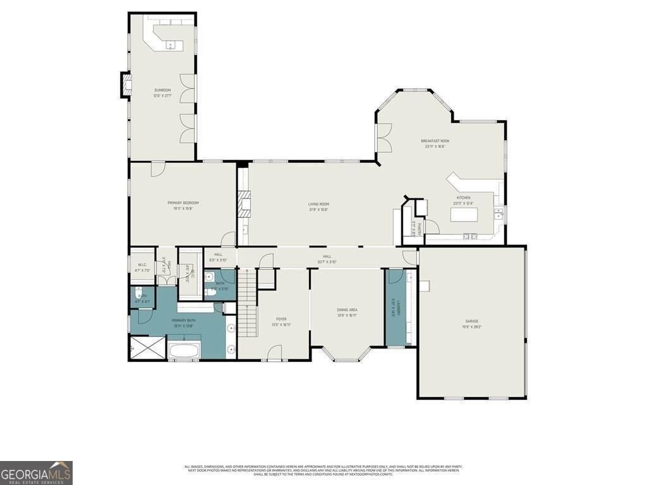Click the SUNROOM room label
click(x=162, y=90)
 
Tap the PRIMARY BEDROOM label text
click(x=183, y=203)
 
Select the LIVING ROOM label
click(x=318, y=204)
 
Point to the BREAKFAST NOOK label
click(x=435, y=141)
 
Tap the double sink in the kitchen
click(x=499, y=213)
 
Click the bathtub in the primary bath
click(x=184, y=350)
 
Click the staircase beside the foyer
click(x=248, y=302)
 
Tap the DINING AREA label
click(x=347, y=309)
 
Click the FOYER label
click(x=281, y=320)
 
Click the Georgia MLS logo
click(x=36, y=472)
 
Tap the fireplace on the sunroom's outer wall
click(x=126, y=85)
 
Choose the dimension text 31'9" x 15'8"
click(x=318, y=209)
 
